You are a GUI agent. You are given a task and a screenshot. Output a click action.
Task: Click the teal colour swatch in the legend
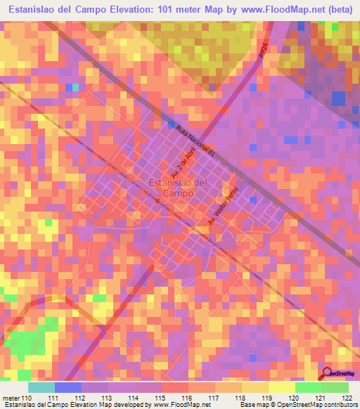tap(41, 387)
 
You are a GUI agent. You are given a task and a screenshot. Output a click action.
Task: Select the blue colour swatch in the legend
tap(68, 387)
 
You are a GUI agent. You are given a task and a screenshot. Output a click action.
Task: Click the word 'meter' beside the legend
tap(11, 398)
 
